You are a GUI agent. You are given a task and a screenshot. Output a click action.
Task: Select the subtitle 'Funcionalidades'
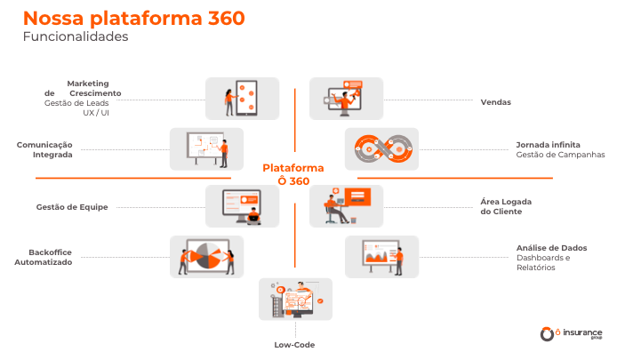coord(76,37)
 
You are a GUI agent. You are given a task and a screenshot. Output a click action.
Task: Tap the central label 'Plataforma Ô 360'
coord(292,173)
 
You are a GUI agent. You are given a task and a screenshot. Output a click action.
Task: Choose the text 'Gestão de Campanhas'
coord(560,154)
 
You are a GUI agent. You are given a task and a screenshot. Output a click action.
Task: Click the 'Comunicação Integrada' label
coord(44,148)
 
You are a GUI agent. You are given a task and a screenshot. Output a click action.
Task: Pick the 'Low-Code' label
coord(294,344)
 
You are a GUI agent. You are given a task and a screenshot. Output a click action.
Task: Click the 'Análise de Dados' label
coord(551,247)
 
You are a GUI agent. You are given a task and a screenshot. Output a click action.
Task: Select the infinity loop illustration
coord(381,148)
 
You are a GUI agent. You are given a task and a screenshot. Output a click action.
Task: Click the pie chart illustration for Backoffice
coord(206,257)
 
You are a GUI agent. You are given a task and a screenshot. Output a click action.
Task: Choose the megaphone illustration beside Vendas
coord(346,98)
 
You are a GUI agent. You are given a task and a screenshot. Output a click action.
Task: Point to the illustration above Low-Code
coord(295,300)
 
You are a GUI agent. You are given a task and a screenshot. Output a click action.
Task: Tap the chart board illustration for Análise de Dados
coord(381,257)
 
